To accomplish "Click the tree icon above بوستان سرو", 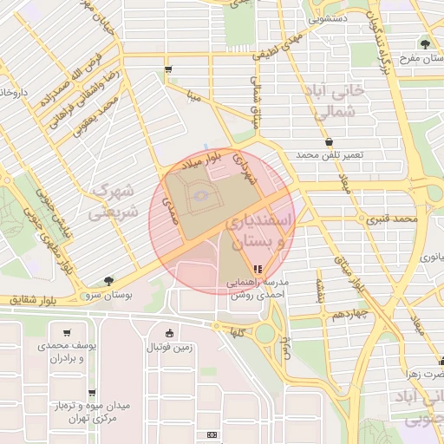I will pyautogui.click(x=108, y=280).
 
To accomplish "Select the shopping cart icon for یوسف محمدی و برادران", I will pyautogui.click(x=67, y=332).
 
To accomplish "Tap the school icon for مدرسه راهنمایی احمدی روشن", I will pyautogui.click(x=256, y=269).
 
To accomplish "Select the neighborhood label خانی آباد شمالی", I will pyautogui.click(x=330, y=101).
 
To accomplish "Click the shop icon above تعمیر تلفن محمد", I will pyautogui.click(x=329, y=142).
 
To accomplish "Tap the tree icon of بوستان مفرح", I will pyautogui.click(x=424, y=43).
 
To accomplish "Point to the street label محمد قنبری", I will pyautogui.click(x=392, y=219).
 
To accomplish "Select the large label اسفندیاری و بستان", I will pyautogui.click(x=259, y=232).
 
